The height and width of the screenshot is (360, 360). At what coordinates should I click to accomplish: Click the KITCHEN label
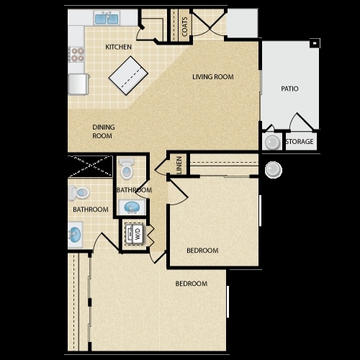tap(118, 47)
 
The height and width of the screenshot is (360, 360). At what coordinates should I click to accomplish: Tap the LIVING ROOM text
tap(213, 77)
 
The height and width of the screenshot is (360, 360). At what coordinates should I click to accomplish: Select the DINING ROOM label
tap(104, 131)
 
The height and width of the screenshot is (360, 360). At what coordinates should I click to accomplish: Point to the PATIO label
tap(289, 89)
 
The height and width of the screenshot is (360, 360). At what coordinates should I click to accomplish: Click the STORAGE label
tap(300, 142)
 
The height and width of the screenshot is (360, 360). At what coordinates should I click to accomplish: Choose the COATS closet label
tap(184, 27)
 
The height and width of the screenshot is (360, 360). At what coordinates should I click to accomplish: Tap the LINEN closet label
tap(179, 165)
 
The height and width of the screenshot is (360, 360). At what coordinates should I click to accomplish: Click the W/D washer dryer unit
tap(134, 233)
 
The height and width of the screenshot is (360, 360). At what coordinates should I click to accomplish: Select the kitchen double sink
tap(107, 18)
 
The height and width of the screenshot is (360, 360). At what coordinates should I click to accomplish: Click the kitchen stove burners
tap(77, 54)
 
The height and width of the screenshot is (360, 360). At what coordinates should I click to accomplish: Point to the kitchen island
tap(128, 76)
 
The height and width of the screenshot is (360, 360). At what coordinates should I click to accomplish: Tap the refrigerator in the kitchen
tap(78, 84)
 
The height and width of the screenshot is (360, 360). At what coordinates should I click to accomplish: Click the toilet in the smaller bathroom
tap(127, 168)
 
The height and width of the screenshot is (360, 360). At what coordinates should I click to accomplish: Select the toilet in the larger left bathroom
tap(79, 193)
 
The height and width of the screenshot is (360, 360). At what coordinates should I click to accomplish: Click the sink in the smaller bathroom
tap(132, 207)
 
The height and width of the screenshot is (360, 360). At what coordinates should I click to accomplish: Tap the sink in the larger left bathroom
tap(75, 234)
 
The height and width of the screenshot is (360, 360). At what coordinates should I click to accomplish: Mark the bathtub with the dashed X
tap(90, 166)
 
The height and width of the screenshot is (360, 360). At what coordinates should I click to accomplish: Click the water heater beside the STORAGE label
tap(272, 143)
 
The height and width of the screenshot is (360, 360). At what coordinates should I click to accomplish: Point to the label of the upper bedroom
tap(202, 251)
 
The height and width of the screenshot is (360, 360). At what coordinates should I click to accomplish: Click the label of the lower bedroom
tap(192, 284)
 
